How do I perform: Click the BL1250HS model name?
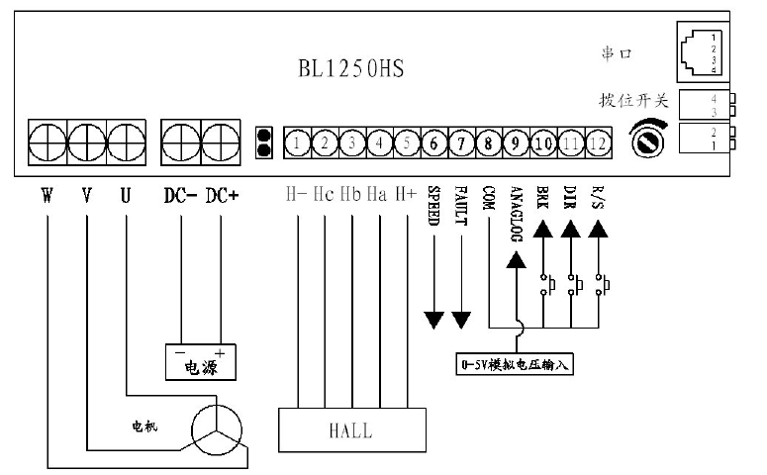[x=351, y=70]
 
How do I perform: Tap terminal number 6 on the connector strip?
[x=433, y=143]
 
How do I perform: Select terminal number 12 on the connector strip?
[x=597, y=143]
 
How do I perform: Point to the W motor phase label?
[x=47, y=195]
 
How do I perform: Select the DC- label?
[x=180, y=195]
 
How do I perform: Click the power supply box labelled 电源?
[x=200, y=362]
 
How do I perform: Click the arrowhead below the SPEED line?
[x=433, y=320]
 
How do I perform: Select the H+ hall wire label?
[x=406, y=195]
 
